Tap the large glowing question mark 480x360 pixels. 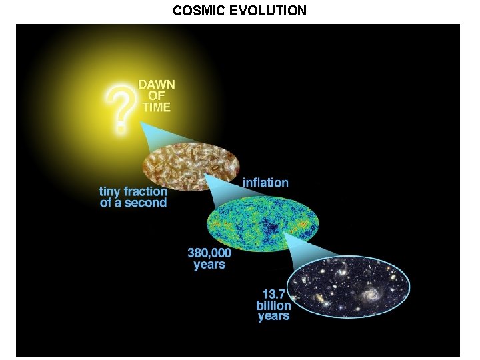click(119, 110)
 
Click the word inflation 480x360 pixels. click(265, 182)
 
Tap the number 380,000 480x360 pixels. click(209, 253)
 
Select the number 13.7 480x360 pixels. click(275, 294)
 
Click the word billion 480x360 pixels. click(274, 305)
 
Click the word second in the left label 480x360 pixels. click(145, 202)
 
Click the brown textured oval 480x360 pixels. click(191, 167)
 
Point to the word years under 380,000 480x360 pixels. click(209, 265)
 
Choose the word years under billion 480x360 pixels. click(274, 316)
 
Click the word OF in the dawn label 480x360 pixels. click(155, 96)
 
